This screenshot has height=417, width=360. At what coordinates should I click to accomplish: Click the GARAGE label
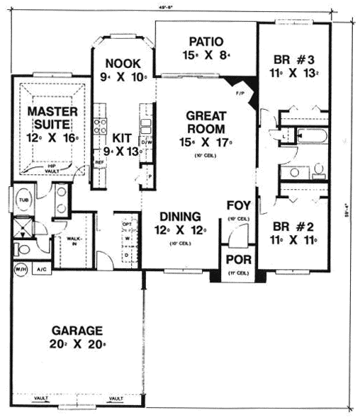click(x=78, y=330)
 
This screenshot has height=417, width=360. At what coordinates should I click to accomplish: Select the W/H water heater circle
click(x=18, y=269)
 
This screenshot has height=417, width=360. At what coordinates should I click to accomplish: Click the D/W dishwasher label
click(x=147, y=142)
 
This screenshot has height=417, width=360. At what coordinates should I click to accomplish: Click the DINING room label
click(x=179, y=217)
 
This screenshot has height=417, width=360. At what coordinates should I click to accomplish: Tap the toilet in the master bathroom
click(x=23, y=248)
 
